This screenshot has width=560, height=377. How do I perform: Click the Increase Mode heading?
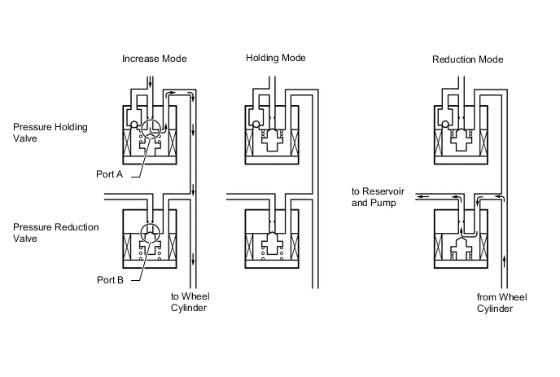point(155,59)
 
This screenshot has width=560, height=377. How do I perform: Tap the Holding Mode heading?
point(276,58)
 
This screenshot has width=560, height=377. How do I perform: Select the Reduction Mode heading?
point(468,59)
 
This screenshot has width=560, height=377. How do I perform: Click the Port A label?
point(110,174)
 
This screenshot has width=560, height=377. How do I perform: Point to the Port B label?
point(111,280)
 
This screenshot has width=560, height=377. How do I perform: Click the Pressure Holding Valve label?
point(50,133)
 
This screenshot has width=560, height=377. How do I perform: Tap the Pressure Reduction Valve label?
point(56,233)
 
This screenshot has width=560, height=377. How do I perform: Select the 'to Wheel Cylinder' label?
point(190,302)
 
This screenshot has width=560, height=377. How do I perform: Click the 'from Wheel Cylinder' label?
point(501,303)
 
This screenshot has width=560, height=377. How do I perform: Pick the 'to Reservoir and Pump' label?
point(378,197)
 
